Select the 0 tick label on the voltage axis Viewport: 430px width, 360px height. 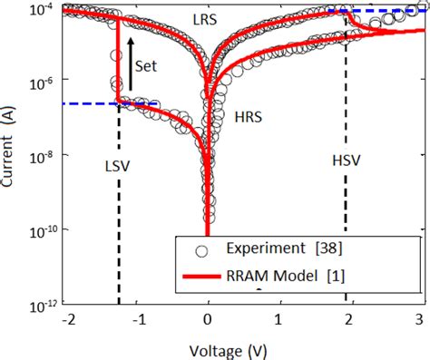click(x=209, y=319)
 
